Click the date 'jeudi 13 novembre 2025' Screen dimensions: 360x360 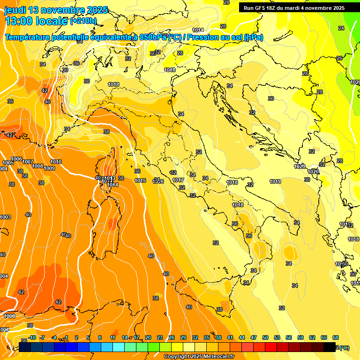click(x=56, y=10)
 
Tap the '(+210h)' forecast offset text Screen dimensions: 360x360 click(x=83, y=21)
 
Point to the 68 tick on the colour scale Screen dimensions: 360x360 click(x=336, y=337)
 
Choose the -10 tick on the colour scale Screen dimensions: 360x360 click(x=32, y=337)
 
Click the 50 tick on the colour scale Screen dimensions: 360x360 click(x=265, y=337)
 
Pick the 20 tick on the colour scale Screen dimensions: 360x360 click(x=148, y=337)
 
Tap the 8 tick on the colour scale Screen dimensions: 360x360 click(x=100, y=337)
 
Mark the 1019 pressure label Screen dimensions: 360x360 click(x=275, y=181)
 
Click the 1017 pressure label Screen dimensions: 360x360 click(x=178, y=180)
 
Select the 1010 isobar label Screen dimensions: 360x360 click(x=56, y=162)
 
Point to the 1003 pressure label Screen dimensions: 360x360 click(x=5, y=217)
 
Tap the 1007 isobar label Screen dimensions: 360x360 click(x=28, y=162)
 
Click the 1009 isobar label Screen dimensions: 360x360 click(x=49, y=168)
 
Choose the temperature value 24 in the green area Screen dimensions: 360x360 click(x=341, y=28)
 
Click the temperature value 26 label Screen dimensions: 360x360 click(x=339, y=58)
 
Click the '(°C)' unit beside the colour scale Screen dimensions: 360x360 click(x=344, y=348)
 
